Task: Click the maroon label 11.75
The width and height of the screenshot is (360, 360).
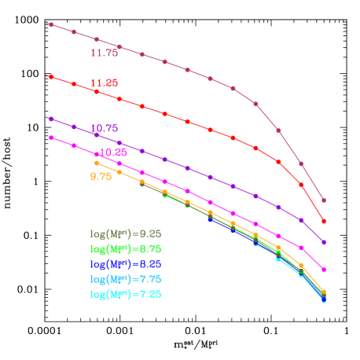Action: coord(104,53)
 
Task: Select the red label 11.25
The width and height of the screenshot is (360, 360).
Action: coord(104,83)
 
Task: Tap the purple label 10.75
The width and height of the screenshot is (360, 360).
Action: coord(104,128)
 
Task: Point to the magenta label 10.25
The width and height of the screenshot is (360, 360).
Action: coord(113,152)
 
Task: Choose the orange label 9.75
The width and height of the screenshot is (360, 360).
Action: coord(101,177)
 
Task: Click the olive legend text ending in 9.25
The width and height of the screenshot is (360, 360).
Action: coord(126,233)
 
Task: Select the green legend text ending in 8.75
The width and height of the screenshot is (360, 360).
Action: coord(126,248)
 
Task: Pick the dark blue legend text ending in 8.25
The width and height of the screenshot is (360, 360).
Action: coord(126,264)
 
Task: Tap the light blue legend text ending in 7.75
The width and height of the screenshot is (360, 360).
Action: coord(126,279)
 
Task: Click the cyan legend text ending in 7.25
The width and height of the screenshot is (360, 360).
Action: coord(126,294)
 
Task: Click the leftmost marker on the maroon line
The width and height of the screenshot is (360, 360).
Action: coord(51,24)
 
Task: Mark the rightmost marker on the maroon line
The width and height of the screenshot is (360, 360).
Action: coord(324,200)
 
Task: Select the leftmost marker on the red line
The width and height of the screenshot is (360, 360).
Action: coord(51,77)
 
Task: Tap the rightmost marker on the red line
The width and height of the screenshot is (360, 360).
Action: coord(324,222)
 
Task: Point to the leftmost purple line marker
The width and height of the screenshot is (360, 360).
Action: coord(51,119)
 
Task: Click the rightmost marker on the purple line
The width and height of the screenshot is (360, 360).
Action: coord(324,242)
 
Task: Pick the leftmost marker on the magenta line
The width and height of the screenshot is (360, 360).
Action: coord(51,138)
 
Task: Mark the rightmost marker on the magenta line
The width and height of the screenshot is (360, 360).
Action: coord(324,270)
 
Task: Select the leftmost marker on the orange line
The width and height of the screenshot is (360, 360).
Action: coord(97,163)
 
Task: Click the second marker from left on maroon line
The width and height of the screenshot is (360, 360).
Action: coord(74,32)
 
